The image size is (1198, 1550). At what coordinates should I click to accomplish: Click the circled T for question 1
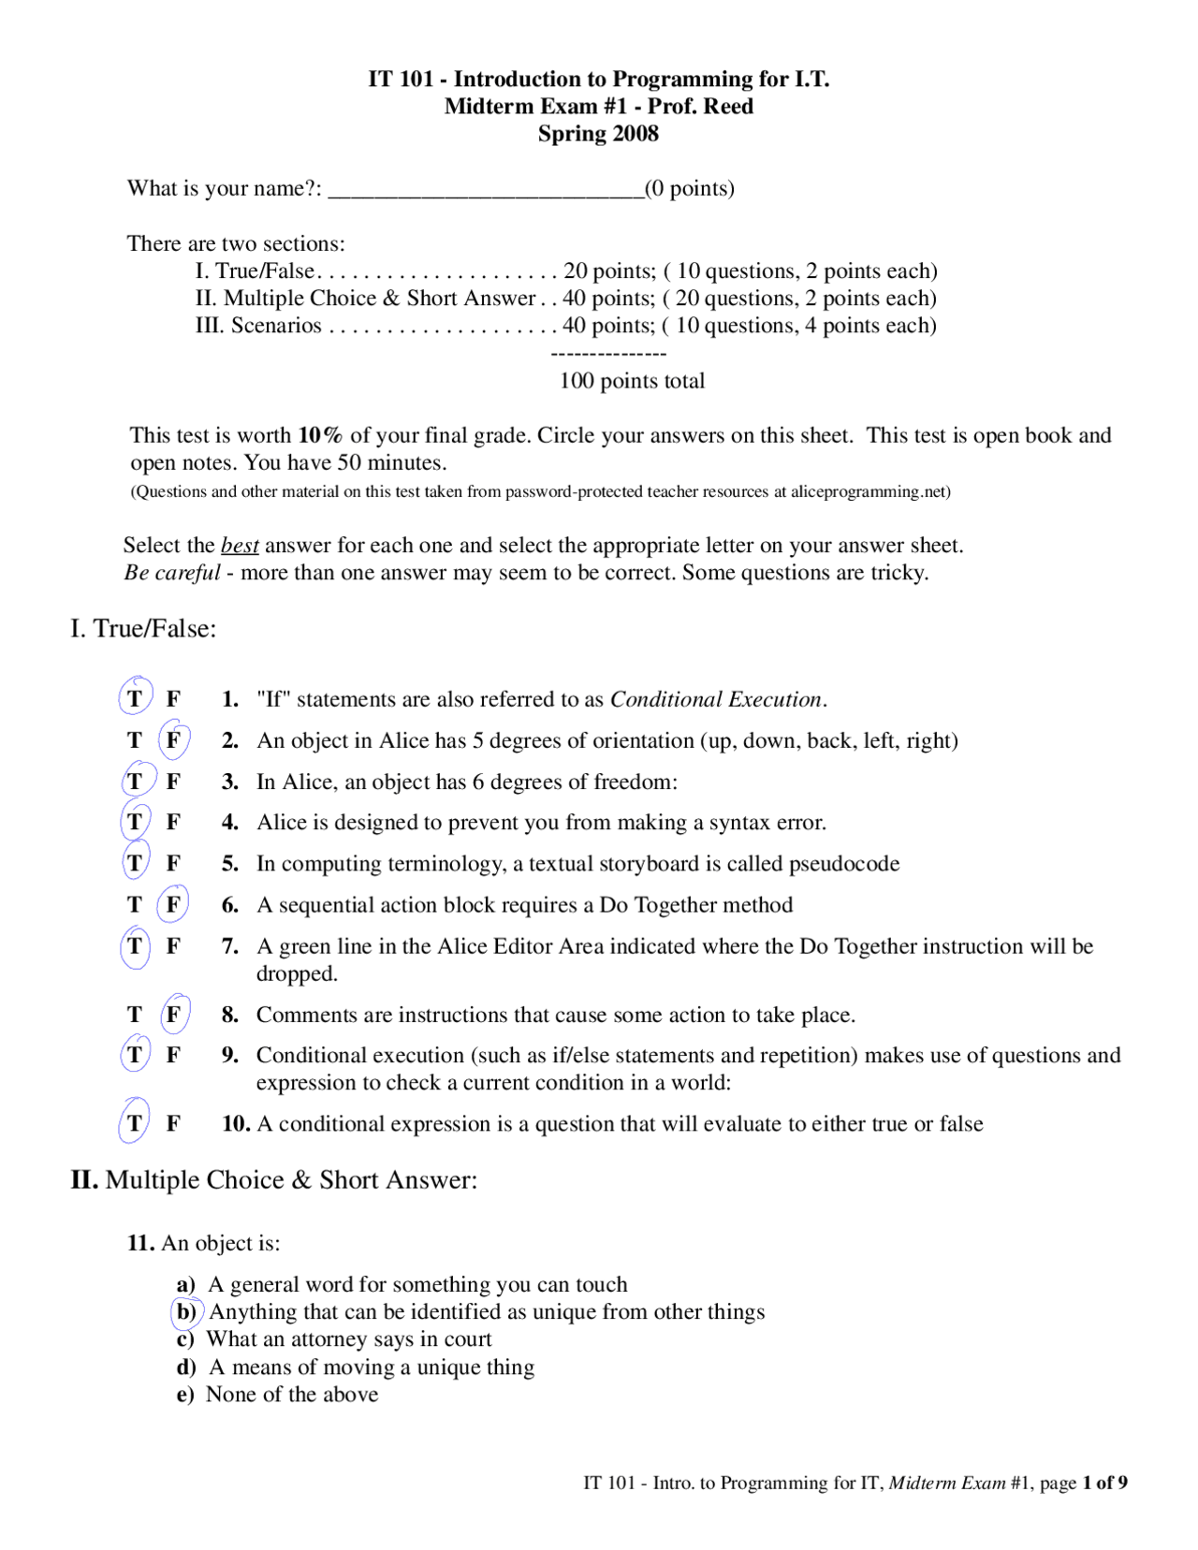click(135, 699)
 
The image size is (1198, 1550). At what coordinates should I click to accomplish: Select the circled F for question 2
click(173, 740)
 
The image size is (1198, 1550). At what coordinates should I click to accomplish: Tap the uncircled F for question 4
click(173, 823)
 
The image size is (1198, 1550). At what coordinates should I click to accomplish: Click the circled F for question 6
click(173, 905)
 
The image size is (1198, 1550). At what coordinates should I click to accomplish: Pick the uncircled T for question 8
click(135, 1015)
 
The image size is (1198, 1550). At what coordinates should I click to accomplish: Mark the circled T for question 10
click(135, 1123)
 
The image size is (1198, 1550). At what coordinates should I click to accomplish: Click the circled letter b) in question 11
click(186, 1312)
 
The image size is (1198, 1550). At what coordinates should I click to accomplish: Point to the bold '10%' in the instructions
click(320, 435)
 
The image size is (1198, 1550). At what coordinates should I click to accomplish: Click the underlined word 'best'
click(240, 546)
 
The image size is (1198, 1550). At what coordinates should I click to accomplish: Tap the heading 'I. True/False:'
click(143, 629)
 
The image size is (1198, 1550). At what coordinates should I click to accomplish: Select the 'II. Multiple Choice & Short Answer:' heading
click(274, 1180)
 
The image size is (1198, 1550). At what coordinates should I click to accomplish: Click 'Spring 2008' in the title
click(598, 134)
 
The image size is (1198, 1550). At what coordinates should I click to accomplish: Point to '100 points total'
click(632, 381)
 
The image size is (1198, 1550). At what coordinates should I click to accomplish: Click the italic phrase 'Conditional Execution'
click(715, 699)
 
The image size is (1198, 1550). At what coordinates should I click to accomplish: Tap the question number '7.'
click(230, 946)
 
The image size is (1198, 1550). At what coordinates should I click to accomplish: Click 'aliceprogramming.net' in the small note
click(869, 491)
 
